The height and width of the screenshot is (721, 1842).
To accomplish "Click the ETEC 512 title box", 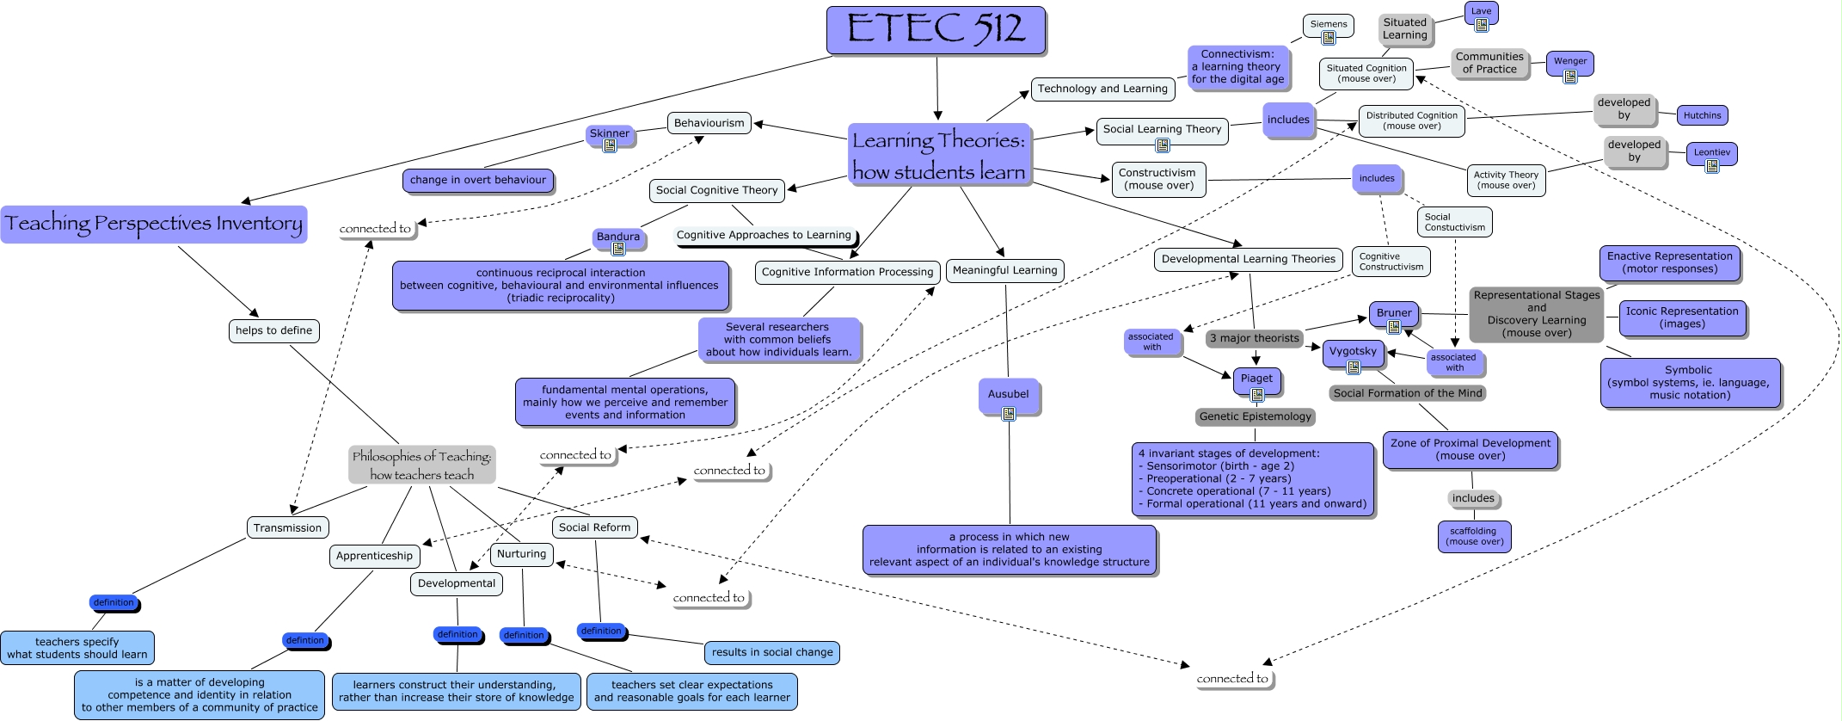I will coord(936,30).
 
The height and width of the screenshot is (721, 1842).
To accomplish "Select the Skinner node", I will coord(610,133).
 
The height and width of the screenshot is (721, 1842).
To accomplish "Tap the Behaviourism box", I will coord(709,123).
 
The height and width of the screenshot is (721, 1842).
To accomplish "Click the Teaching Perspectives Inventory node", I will coord(154,224).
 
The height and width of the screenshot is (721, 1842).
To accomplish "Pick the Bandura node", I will coord(618,237).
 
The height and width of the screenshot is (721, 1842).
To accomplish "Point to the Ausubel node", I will coord(1008,394).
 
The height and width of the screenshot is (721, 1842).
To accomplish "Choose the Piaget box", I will coord(1256,379).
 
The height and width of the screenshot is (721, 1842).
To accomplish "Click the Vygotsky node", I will coord(1353,351).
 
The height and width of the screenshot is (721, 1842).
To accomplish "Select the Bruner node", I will coord(1394,313).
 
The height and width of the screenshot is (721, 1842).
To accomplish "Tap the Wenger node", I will coord(1569,61).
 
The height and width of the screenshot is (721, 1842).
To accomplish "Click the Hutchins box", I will coord(1702,115).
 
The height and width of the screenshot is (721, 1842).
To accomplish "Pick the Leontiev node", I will coord(1711,152).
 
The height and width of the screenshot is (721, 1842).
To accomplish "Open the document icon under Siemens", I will coord(1329,38).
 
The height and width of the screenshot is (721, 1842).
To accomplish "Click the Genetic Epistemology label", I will coord(1256,416).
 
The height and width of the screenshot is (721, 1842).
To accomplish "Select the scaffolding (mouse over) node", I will coord(1474,536).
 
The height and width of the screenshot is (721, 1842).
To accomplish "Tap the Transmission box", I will coord(287,527).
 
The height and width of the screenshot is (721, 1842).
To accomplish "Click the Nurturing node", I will coord(521,554).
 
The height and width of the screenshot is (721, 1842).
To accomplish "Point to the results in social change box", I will coord(771,652).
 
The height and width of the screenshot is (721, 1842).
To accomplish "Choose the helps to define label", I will coord(273,330).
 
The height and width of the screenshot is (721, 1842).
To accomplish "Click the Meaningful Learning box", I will coord(1004,270).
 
